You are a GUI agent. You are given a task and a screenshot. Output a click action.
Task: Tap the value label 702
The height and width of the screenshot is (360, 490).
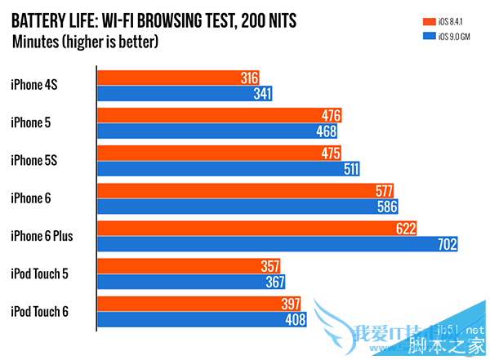446,244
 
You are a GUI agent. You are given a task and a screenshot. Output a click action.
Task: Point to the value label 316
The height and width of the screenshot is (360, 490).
250,78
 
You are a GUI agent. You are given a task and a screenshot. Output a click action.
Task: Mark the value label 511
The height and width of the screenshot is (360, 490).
350,169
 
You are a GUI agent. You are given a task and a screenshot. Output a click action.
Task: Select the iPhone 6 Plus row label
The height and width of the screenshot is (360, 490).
42,236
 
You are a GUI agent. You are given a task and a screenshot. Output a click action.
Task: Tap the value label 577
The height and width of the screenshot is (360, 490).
383,190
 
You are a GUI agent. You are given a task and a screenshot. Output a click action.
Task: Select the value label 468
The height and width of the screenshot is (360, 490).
326,131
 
